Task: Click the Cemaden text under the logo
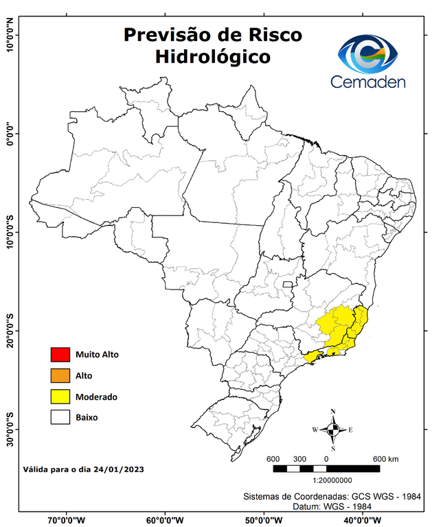pos(368,82)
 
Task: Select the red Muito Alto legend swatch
pos(60,355)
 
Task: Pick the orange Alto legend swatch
pos(60,375)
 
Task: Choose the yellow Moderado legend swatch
pos(60,397)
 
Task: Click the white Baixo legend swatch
pos(60,417)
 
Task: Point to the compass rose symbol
pos(333,430)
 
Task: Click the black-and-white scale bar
pos(326,469)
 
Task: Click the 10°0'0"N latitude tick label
pos(10,34)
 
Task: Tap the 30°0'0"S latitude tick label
pos(10,429)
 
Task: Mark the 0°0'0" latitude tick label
pos(10,133)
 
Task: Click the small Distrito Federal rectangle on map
pos(289,282)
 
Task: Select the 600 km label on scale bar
pos(386,459)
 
